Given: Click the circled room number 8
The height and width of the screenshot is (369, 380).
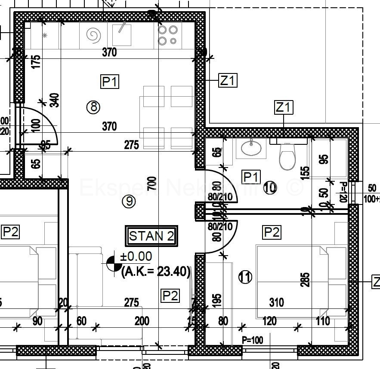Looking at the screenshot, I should coord(93,107).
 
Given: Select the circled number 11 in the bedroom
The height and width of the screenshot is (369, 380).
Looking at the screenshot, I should coord(245,277).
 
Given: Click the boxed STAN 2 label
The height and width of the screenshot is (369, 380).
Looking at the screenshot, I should coord(152,236).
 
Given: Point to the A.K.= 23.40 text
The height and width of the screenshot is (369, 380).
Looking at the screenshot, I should coord(156,271).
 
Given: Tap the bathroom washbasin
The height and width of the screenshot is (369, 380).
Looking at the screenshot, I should coord(251,149).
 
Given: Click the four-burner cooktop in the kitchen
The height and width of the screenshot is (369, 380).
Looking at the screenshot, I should coord(168,35).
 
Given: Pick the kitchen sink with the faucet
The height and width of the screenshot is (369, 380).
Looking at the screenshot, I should coord(121,34).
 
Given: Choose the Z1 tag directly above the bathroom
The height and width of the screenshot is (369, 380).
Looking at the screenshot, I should coord(283,107).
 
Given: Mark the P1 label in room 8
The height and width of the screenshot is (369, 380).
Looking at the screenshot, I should coord(110,81).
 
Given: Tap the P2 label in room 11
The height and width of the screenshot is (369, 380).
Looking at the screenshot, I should coord(272,232).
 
